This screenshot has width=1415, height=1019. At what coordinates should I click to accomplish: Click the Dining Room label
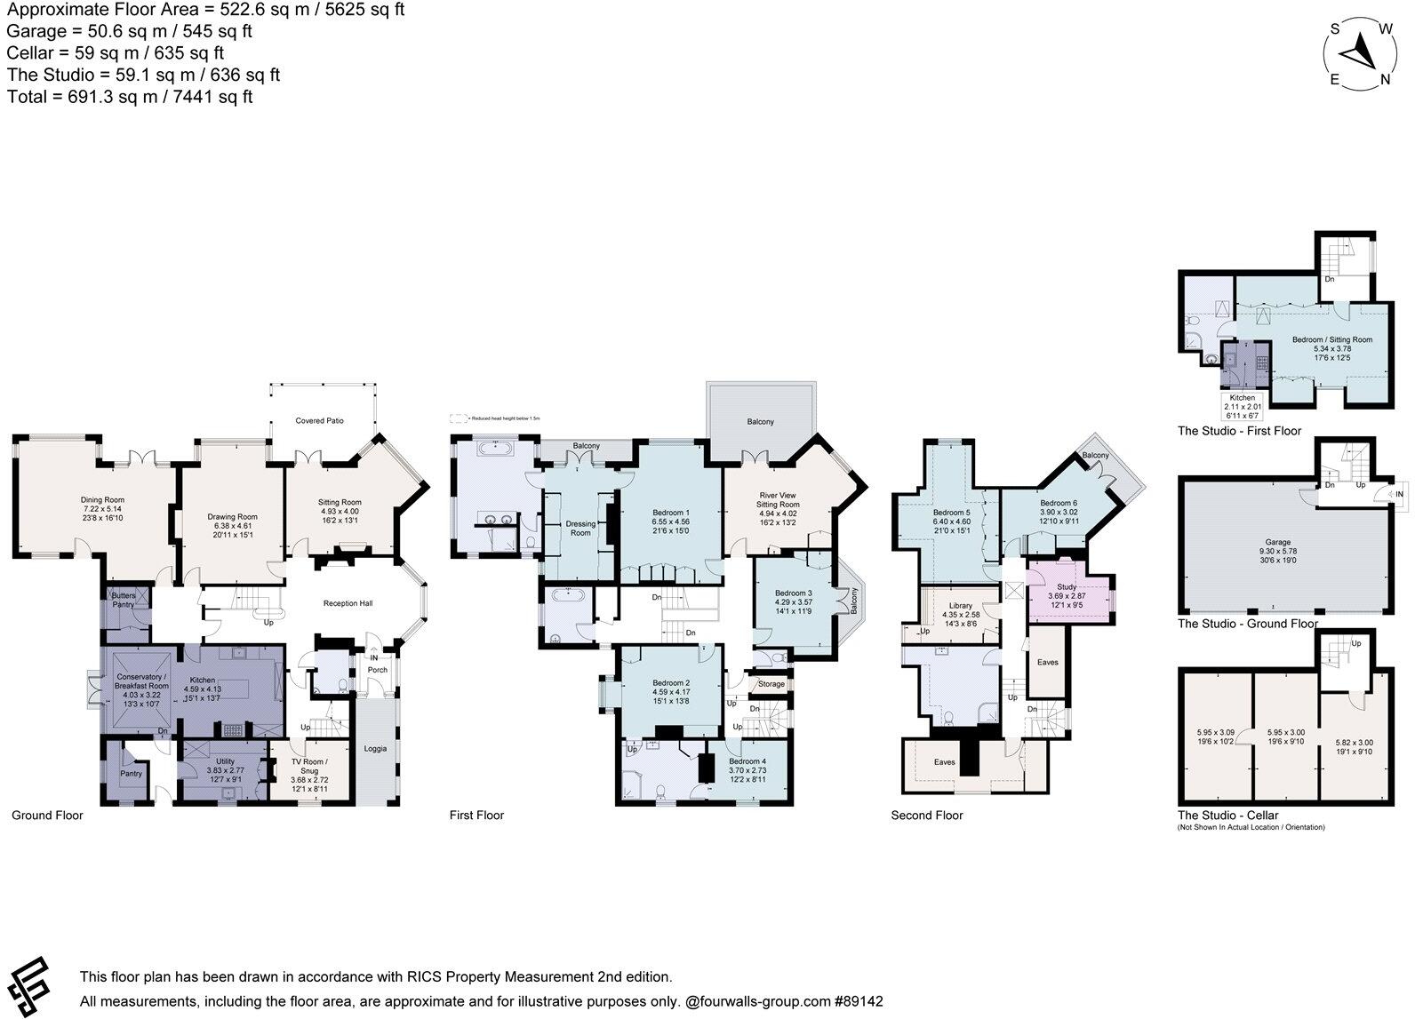102,500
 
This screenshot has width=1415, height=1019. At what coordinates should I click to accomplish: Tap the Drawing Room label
233,517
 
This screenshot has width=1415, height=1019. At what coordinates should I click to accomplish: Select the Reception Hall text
348,603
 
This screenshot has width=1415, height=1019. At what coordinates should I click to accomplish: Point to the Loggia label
375,749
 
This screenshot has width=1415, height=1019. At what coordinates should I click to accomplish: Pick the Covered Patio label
320,420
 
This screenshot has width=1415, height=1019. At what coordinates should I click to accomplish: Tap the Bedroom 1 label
671,513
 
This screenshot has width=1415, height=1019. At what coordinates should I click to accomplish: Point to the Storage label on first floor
771,684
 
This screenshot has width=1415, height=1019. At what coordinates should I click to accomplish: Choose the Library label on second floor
961,606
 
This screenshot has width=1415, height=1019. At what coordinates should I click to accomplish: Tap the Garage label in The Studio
1278,542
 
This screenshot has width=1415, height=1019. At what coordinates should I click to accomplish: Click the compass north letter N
1385,80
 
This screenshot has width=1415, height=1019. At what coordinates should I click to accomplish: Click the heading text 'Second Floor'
927,816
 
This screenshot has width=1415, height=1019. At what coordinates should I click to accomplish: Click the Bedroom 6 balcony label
1095,456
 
